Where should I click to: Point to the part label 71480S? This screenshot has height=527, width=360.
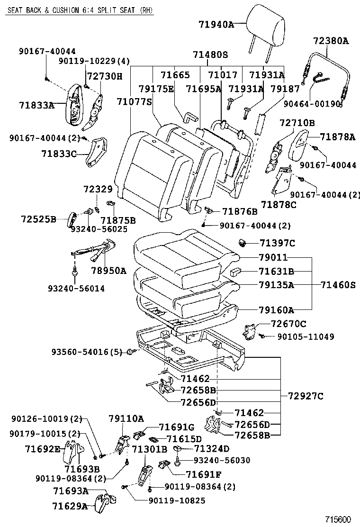click(210, 55)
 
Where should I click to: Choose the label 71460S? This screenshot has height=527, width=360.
click(337, 285)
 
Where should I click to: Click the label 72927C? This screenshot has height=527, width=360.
click(306, 396)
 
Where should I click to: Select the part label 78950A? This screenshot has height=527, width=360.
click(109, 271)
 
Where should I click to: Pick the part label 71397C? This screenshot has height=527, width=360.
click(277, 243)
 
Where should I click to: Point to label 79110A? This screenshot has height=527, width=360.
click(126, 418)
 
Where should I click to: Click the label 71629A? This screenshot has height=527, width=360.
click(71, 506)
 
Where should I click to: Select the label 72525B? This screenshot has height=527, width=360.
click(38, 219)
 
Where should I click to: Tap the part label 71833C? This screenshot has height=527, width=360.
click(59, 154)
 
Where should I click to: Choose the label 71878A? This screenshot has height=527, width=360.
click(337, 137)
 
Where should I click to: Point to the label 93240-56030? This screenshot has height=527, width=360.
click(222, 460)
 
